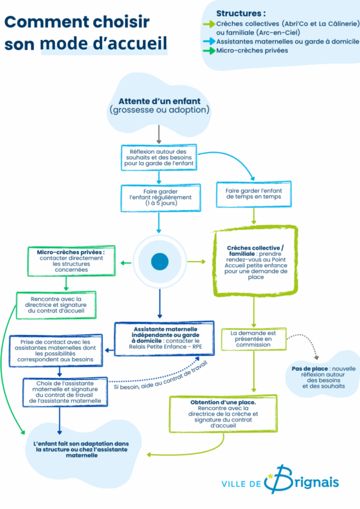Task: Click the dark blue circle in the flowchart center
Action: [x=159, y=262]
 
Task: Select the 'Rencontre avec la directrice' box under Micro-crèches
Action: [x=55, y=303]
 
